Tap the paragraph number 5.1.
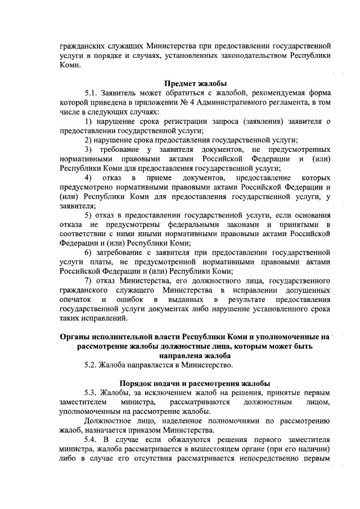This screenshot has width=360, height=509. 91,93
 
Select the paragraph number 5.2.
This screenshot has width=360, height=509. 91,365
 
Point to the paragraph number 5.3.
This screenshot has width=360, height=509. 91,393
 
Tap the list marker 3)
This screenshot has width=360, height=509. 89,148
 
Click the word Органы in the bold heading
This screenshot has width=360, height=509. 75,337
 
